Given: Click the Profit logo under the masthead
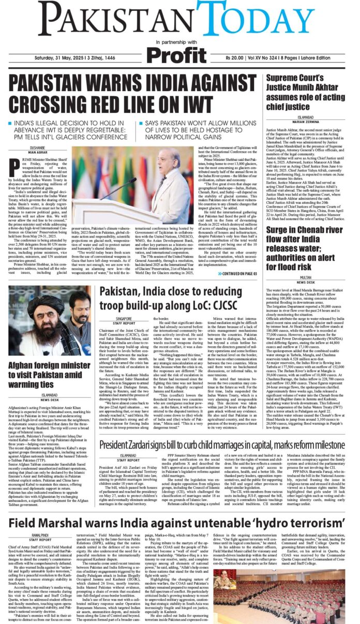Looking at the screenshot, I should [179, 53].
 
